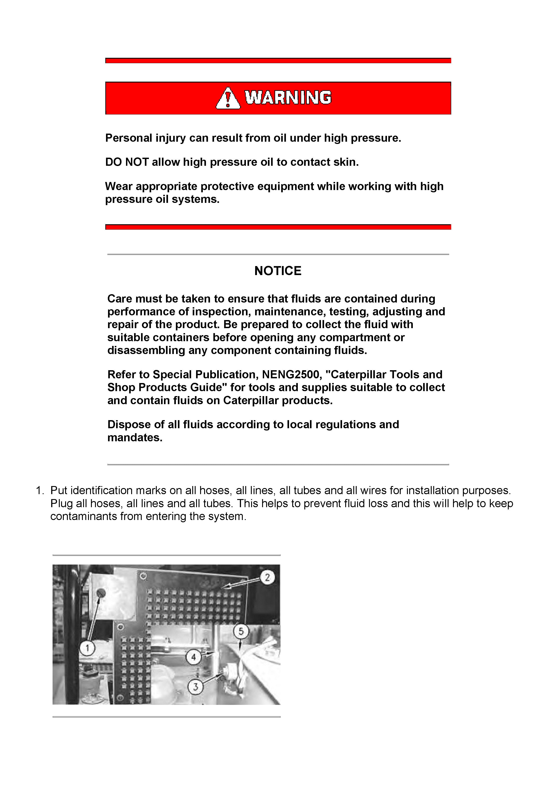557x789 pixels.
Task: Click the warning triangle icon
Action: [228, 98]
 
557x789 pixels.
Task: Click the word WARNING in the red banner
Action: [288, 98]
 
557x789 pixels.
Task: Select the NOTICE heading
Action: [278, 271]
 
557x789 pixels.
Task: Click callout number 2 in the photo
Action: [267, 577]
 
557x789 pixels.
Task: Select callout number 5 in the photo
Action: [241, 631]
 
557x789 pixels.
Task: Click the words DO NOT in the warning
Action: [127, 162]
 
